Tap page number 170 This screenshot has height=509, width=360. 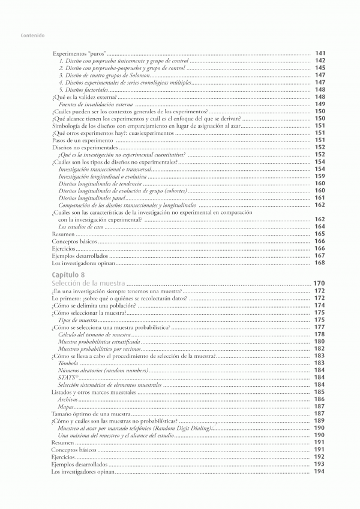[x=319, y=283]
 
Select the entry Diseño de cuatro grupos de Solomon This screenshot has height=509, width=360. [x=103, y=76]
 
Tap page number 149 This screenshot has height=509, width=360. [x=320, y=104]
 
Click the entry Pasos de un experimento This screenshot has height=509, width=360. [x=79, y=140]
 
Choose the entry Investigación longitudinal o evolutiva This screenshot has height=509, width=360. [x=102, y=176]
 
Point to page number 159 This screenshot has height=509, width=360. [x=320, y=176]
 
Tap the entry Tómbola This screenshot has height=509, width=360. [x=68, y=363]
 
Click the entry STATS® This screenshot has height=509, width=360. [x=67, y=378]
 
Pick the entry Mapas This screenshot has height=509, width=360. [x=66, y=406]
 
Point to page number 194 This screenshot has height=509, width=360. [x=320, y=471]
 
